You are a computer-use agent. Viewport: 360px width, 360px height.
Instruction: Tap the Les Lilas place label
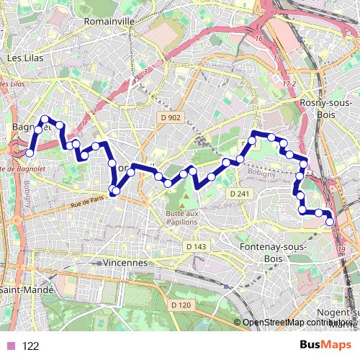(24, 57)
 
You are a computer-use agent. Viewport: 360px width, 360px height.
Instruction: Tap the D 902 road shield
(170, 117)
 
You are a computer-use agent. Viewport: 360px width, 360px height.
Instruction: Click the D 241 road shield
(239, 194)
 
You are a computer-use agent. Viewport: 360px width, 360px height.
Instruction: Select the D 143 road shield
(195, 246)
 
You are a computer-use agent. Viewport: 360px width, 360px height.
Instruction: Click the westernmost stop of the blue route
(30, 153)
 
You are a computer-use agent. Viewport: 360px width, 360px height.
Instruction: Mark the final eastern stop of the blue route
(330, 222)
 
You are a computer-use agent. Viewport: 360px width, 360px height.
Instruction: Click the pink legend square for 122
(9, 346)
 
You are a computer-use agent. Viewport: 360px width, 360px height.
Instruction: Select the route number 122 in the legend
(30, 346)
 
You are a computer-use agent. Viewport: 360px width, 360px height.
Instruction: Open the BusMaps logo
(326, 345)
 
